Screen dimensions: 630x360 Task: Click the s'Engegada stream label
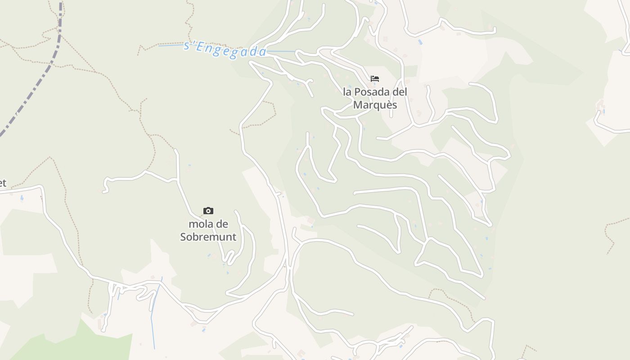[225, 49]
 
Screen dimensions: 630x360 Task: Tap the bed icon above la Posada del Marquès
[375, 79]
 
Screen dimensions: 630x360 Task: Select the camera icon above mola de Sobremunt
[208, 211]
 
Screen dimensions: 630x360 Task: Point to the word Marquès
[375, 105]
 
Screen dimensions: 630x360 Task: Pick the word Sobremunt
[208, 237]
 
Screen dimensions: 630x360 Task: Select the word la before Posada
[347, 92]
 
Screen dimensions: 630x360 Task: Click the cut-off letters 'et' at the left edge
[3, 183]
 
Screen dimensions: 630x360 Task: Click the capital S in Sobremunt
[184, 237]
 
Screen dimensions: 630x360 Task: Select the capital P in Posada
[358, 92]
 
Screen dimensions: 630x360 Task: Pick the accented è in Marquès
[387, 105]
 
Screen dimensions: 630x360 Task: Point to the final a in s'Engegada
[263, 52]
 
